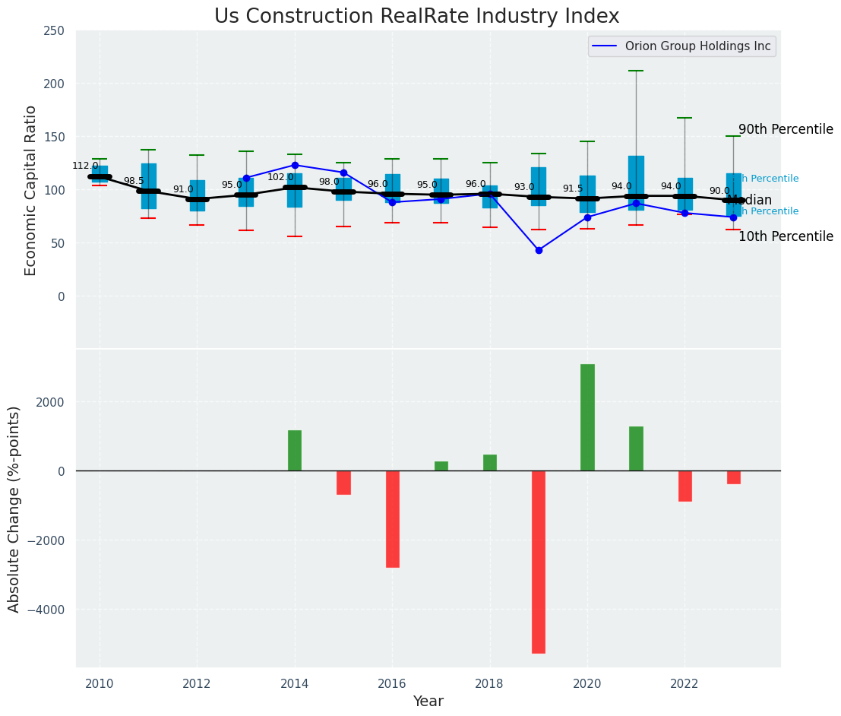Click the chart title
(416, 17)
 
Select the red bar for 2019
(539, 562)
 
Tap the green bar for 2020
(587, 417)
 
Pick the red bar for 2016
(392, 518)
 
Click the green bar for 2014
(295, 451)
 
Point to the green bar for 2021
(636, 448)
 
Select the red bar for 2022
(685, 486)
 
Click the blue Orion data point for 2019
(539, 250)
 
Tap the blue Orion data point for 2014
(295, 165)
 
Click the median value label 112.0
(85, 166)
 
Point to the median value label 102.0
(280, 177)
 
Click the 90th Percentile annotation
(786, 129)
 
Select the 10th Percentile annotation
(786, 236)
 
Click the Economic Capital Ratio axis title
(31, 190)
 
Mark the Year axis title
(428, 702)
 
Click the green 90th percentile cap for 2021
(636, 71)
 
